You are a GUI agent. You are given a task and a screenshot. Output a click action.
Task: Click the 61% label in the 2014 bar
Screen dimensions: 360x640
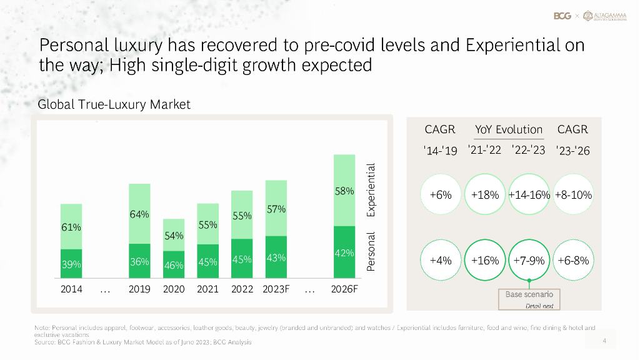coord(71,227)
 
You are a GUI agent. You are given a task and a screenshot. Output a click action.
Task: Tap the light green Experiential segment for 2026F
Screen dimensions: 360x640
coord(344,190)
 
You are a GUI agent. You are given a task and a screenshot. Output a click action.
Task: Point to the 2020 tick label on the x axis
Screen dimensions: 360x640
coord(174,289)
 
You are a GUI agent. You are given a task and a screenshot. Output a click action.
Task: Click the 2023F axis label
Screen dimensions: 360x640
coord(276,289)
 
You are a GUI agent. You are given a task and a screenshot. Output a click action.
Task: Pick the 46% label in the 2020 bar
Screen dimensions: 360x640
coord(174,265)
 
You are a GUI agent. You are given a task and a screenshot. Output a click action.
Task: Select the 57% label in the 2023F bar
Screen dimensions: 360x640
coord(276,209)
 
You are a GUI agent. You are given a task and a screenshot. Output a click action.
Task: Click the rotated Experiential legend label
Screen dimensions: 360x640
coord(371,190)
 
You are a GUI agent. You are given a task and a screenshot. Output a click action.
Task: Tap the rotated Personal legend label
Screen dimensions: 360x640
coord(371,251)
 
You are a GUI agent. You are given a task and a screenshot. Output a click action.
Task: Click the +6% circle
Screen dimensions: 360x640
coord(441,195)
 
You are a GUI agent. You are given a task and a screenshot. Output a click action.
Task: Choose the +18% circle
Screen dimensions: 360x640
coord(486,195)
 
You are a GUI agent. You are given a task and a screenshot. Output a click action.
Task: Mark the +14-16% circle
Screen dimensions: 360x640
coord(529,195)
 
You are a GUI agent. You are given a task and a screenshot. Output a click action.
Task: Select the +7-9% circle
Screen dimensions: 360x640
coord(529,261)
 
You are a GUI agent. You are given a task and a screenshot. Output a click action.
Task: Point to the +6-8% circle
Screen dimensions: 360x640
coord(573,261)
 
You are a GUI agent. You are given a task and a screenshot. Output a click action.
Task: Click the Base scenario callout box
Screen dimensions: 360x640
coord(529,299)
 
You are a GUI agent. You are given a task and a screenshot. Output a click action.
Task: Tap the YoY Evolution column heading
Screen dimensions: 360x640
coord(509,130)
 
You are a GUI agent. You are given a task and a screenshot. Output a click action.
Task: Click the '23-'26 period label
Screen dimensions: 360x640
coord(573,151)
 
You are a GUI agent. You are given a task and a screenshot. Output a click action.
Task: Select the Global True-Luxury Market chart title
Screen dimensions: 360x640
coord(114,104)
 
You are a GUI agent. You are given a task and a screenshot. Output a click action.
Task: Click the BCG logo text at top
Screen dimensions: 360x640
coord(562,16)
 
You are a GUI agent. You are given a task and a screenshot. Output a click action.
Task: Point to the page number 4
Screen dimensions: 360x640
coord(604,341)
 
